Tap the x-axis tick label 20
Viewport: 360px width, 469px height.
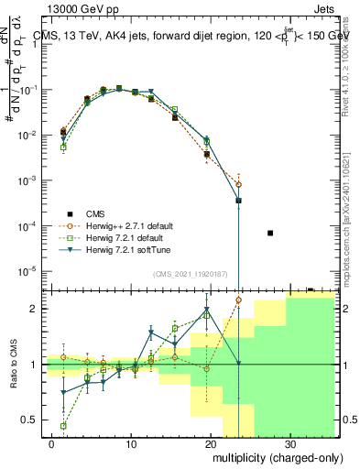click(x=212, y=442)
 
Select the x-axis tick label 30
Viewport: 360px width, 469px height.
click(x=289, y=442)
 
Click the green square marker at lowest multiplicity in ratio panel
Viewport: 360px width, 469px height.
click(x=63, y=426)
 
